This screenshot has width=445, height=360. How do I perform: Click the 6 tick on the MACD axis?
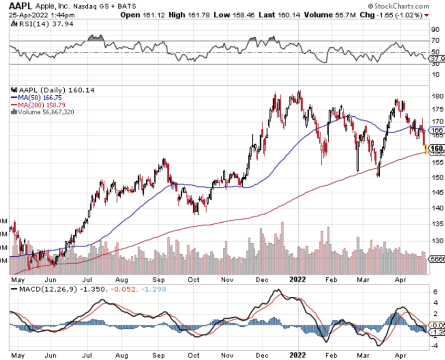(435, 292)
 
